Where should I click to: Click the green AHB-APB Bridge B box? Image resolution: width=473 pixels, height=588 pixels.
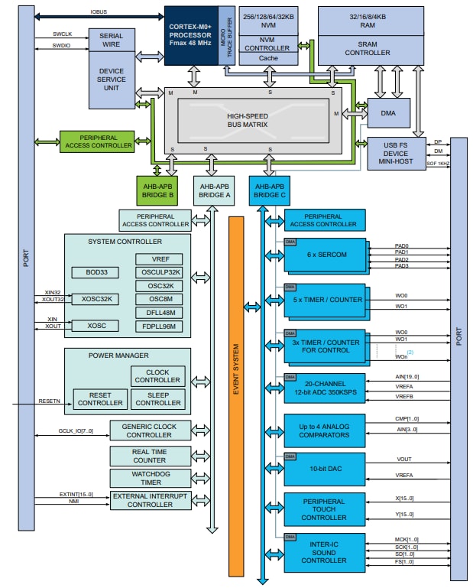click(158, 190)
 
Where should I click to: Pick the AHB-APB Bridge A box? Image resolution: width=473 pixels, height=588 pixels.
click(214, 190)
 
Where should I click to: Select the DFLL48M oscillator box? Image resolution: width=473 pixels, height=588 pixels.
click(159, 312)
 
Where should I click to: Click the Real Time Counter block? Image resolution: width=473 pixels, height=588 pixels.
click(150, 456)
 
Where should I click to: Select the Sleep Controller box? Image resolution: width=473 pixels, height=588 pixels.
click(157, 398)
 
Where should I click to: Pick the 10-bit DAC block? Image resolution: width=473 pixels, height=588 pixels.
click(325, 468)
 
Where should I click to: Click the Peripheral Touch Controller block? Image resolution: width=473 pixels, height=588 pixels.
click(325, 509)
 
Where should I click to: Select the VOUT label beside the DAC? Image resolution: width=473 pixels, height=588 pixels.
click(403, 460)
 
